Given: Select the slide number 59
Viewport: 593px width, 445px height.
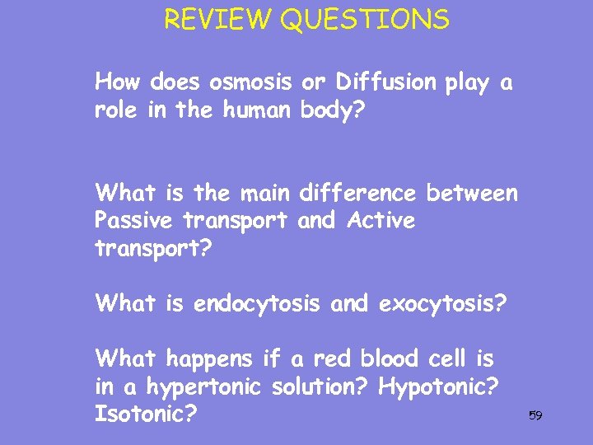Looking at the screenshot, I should pyautogui.click(x=535, y=415).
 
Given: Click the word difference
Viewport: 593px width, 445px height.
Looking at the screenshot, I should pyautogui.click(x=358, y=194).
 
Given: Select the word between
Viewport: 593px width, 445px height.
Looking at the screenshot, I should pyautogui.click(x=472, y=194).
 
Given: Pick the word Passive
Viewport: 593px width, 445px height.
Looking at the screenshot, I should pyautogui.click(x=133, y=221).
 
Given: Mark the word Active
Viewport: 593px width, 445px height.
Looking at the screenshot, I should pyautogui.click(x=381, y=221).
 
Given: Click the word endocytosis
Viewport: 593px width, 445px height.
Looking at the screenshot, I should pyautogui.click(x=258, y=304).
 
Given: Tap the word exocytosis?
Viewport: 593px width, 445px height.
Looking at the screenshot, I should pyautogui.click(x=442, y=304).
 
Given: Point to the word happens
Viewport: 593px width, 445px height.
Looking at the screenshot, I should pyautogui.click(x=209, y=358).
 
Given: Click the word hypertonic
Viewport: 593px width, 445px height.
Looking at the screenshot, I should pyautogui.click(x=192, y=386).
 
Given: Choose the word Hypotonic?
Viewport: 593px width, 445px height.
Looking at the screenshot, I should pyautogui.click(x=440, y=386).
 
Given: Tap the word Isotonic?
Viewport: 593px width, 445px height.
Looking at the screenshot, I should pyautogui.click(x=146, y=412).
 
